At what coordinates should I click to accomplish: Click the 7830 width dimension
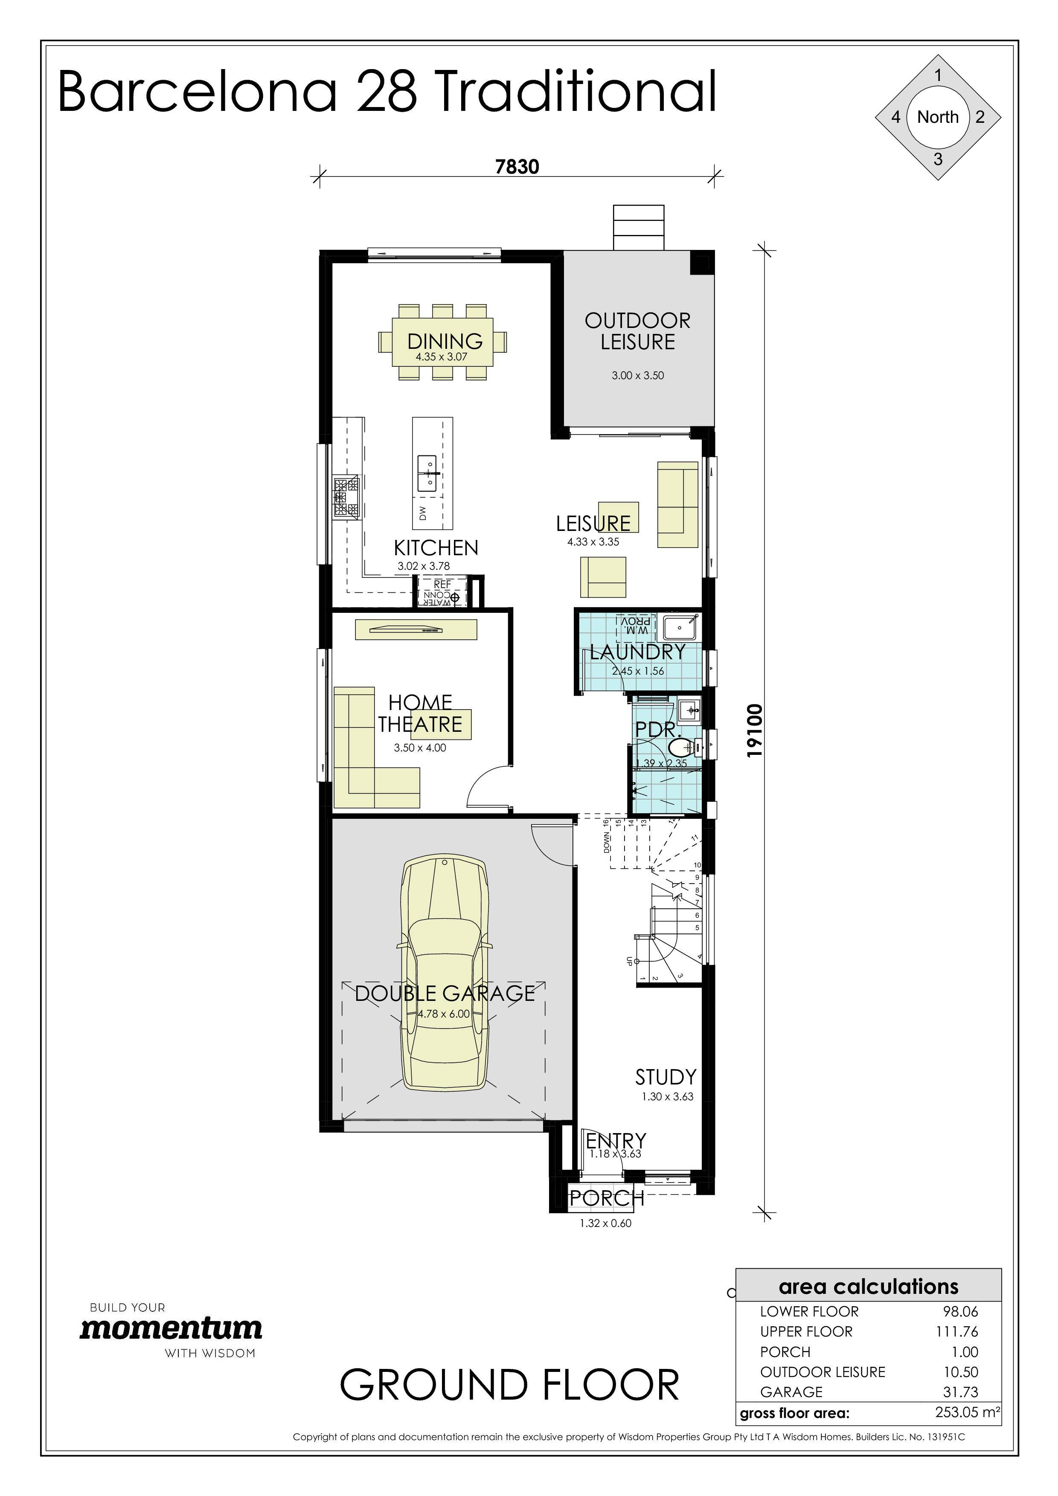517,167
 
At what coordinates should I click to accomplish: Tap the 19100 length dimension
754,731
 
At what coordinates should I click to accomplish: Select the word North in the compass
937,117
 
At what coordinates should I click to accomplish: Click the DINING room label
445,341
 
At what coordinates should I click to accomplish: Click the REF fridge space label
442,585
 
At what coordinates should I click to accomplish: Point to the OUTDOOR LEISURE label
637,331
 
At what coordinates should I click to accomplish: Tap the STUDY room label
666,1077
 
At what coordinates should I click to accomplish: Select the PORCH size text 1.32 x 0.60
605,1223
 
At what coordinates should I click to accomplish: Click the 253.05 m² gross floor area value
967,1412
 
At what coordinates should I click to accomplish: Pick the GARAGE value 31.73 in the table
960,1392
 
